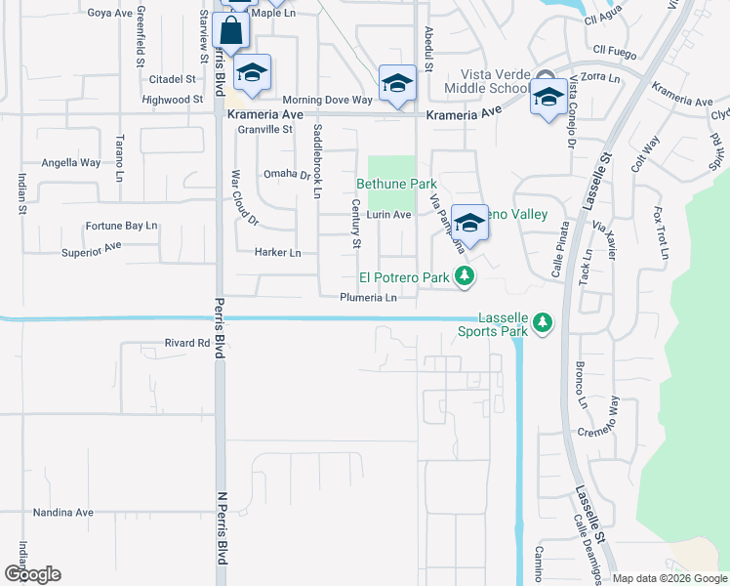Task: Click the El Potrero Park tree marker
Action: pyautogui.click(x=466, y=277)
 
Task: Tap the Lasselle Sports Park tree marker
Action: pyautogui.click(x=543, y=323)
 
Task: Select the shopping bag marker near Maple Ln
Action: pyautogui.click(x=231, y=32)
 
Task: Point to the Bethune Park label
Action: pyautogui.click(x=395, y=183)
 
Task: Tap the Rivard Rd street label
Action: pyautogui.click(x=188, y=343)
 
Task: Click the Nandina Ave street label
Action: pyautogui.click(x=63, y=512)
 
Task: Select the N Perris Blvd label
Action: pyautogui.click(x=222, y=527)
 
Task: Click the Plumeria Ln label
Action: pyautogui.click(x=369, y=298)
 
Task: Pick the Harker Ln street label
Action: pyautogui.click(x=278, y=252)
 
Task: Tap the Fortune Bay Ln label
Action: pyautogui.click(x=121, y=226)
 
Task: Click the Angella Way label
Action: pyautogui.click(x=70, y=163)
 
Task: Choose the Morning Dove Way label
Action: pyautogui.click(x=328, y=101)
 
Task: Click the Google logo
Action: pyautogui.click(x=32, y=574)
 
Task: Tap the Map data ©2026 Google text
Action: pyautogui.click(x=669, y=578)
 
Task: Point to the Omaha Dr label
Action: pyautogui.click(x=286, y=175)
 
